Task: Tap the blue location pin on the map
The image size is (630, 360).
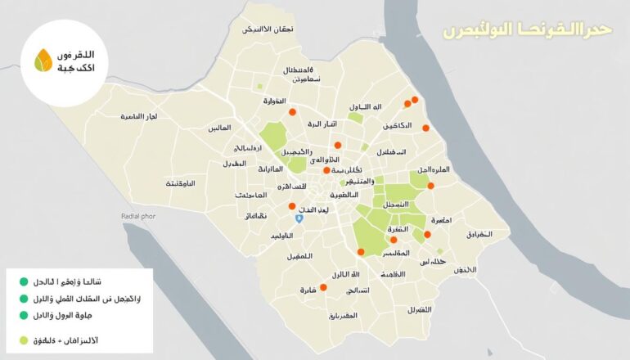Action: pos(300,218)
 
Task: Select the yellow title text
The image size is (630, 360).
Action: pos(527,31)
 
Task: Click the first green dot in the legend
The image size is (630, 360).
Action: pos(24,282)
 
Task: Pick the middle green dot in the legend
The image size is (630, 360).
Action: pos(24,299)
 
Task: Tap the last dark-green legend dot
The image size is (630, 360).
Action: pos(24,315)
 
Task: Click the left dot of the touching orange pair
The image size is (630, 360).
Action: pos(407,104)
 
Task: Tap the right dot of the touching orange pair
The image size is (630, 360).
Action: pos(416,99)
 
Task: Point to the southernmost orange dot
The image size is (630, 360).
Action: pos(323,287)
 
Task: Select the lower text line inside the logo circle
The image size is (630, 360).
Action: pos(73,68)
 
